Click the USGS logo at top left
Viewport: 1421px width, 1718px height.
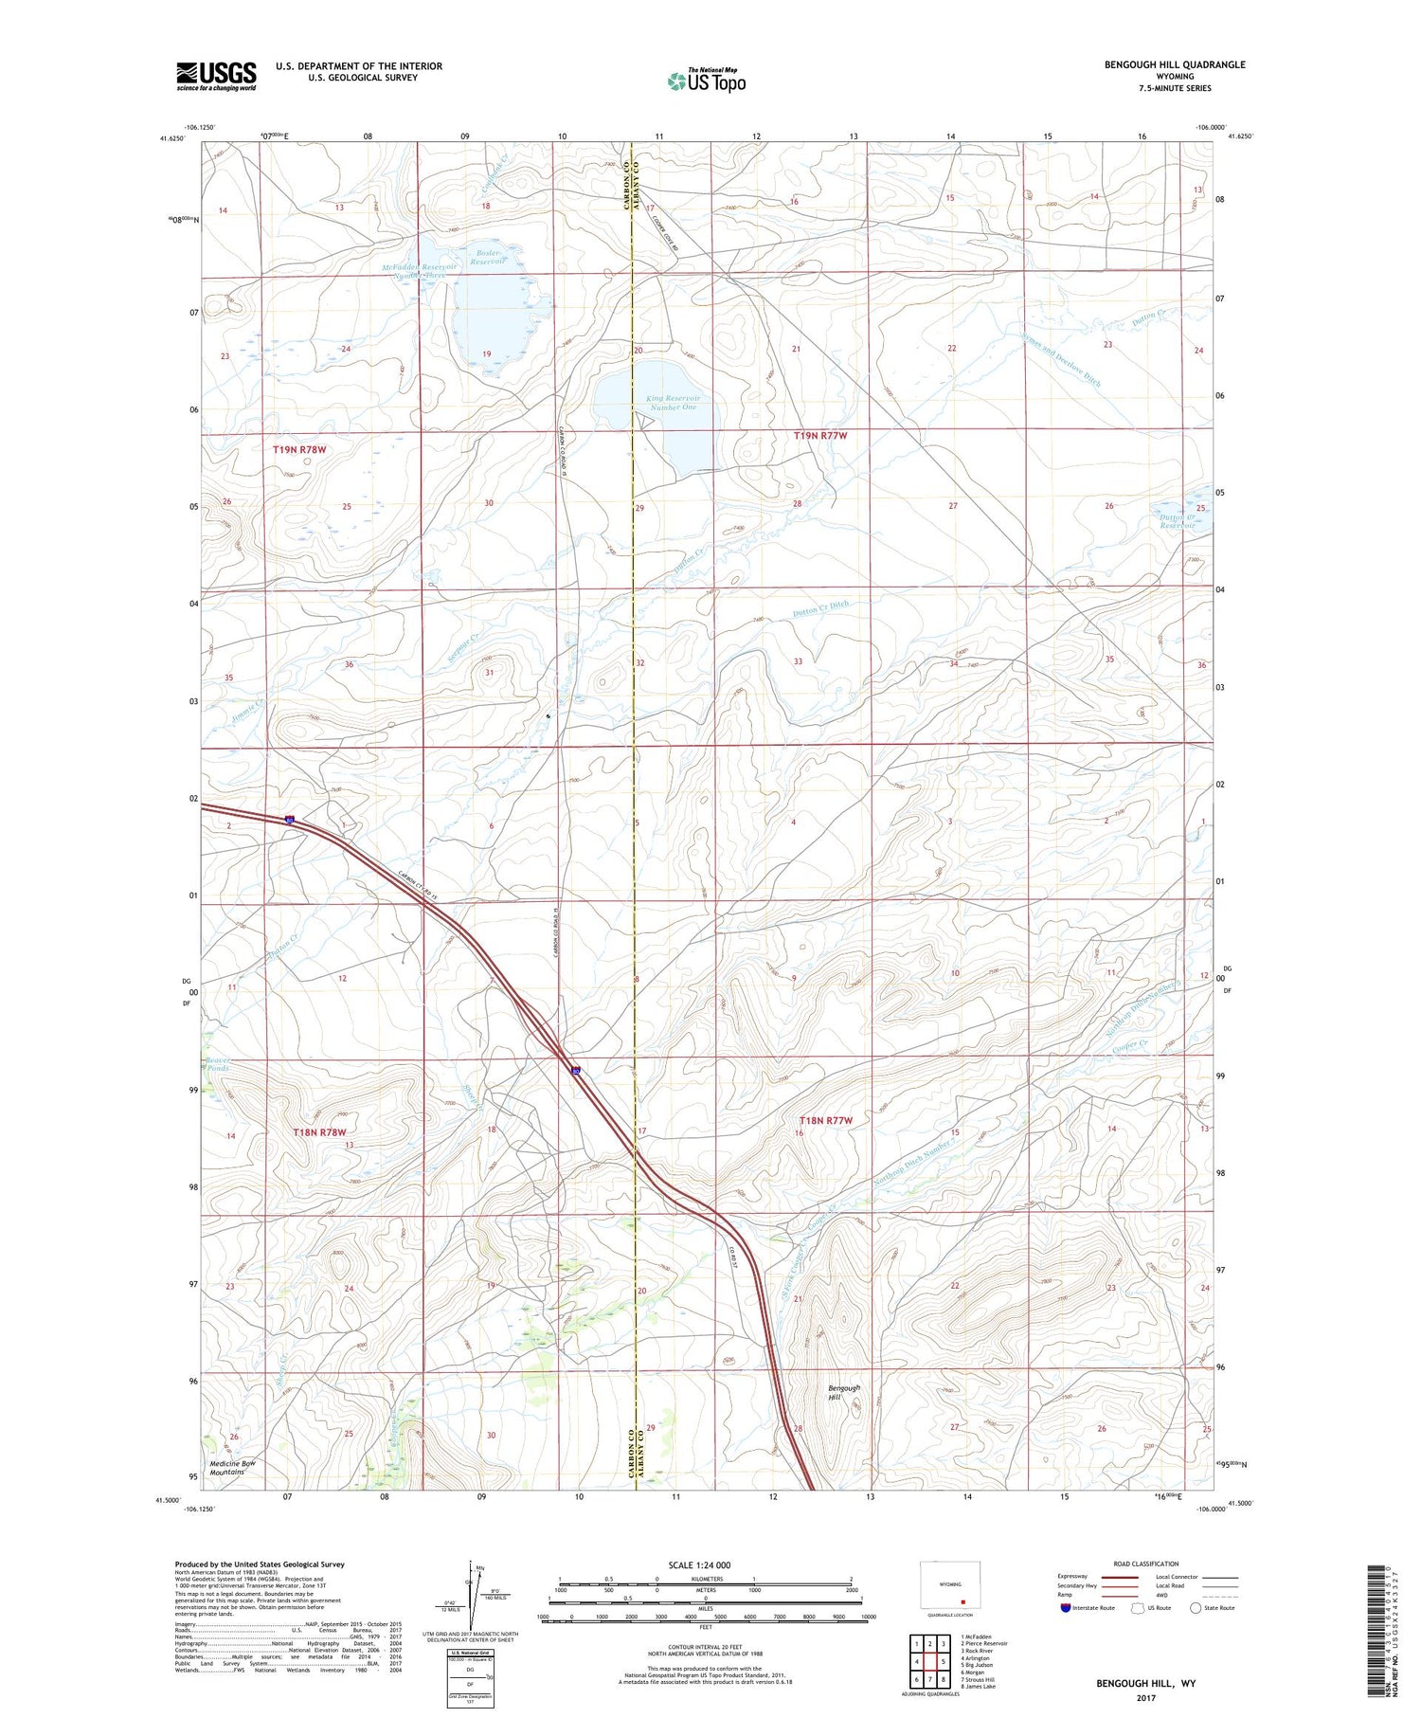pos(216,76)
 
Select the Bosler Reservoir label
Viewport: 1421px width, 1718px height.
pos(489,257)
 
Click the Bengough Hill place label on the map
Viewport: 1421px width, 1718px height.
pos(844,1392)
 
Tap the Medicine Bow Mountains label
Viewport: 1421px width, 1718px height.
pos(233,1468)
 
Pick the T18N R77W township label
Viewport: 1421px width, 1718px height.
pos(825,1121)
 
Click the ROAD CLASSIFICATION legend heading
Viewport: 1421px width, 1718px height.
pos(1146,1564)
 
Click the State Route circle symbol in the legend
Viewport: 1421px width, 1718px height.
pos(1196,1608)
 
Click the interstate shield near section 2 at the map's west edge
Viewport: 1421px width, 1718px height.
pos(290,820)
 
